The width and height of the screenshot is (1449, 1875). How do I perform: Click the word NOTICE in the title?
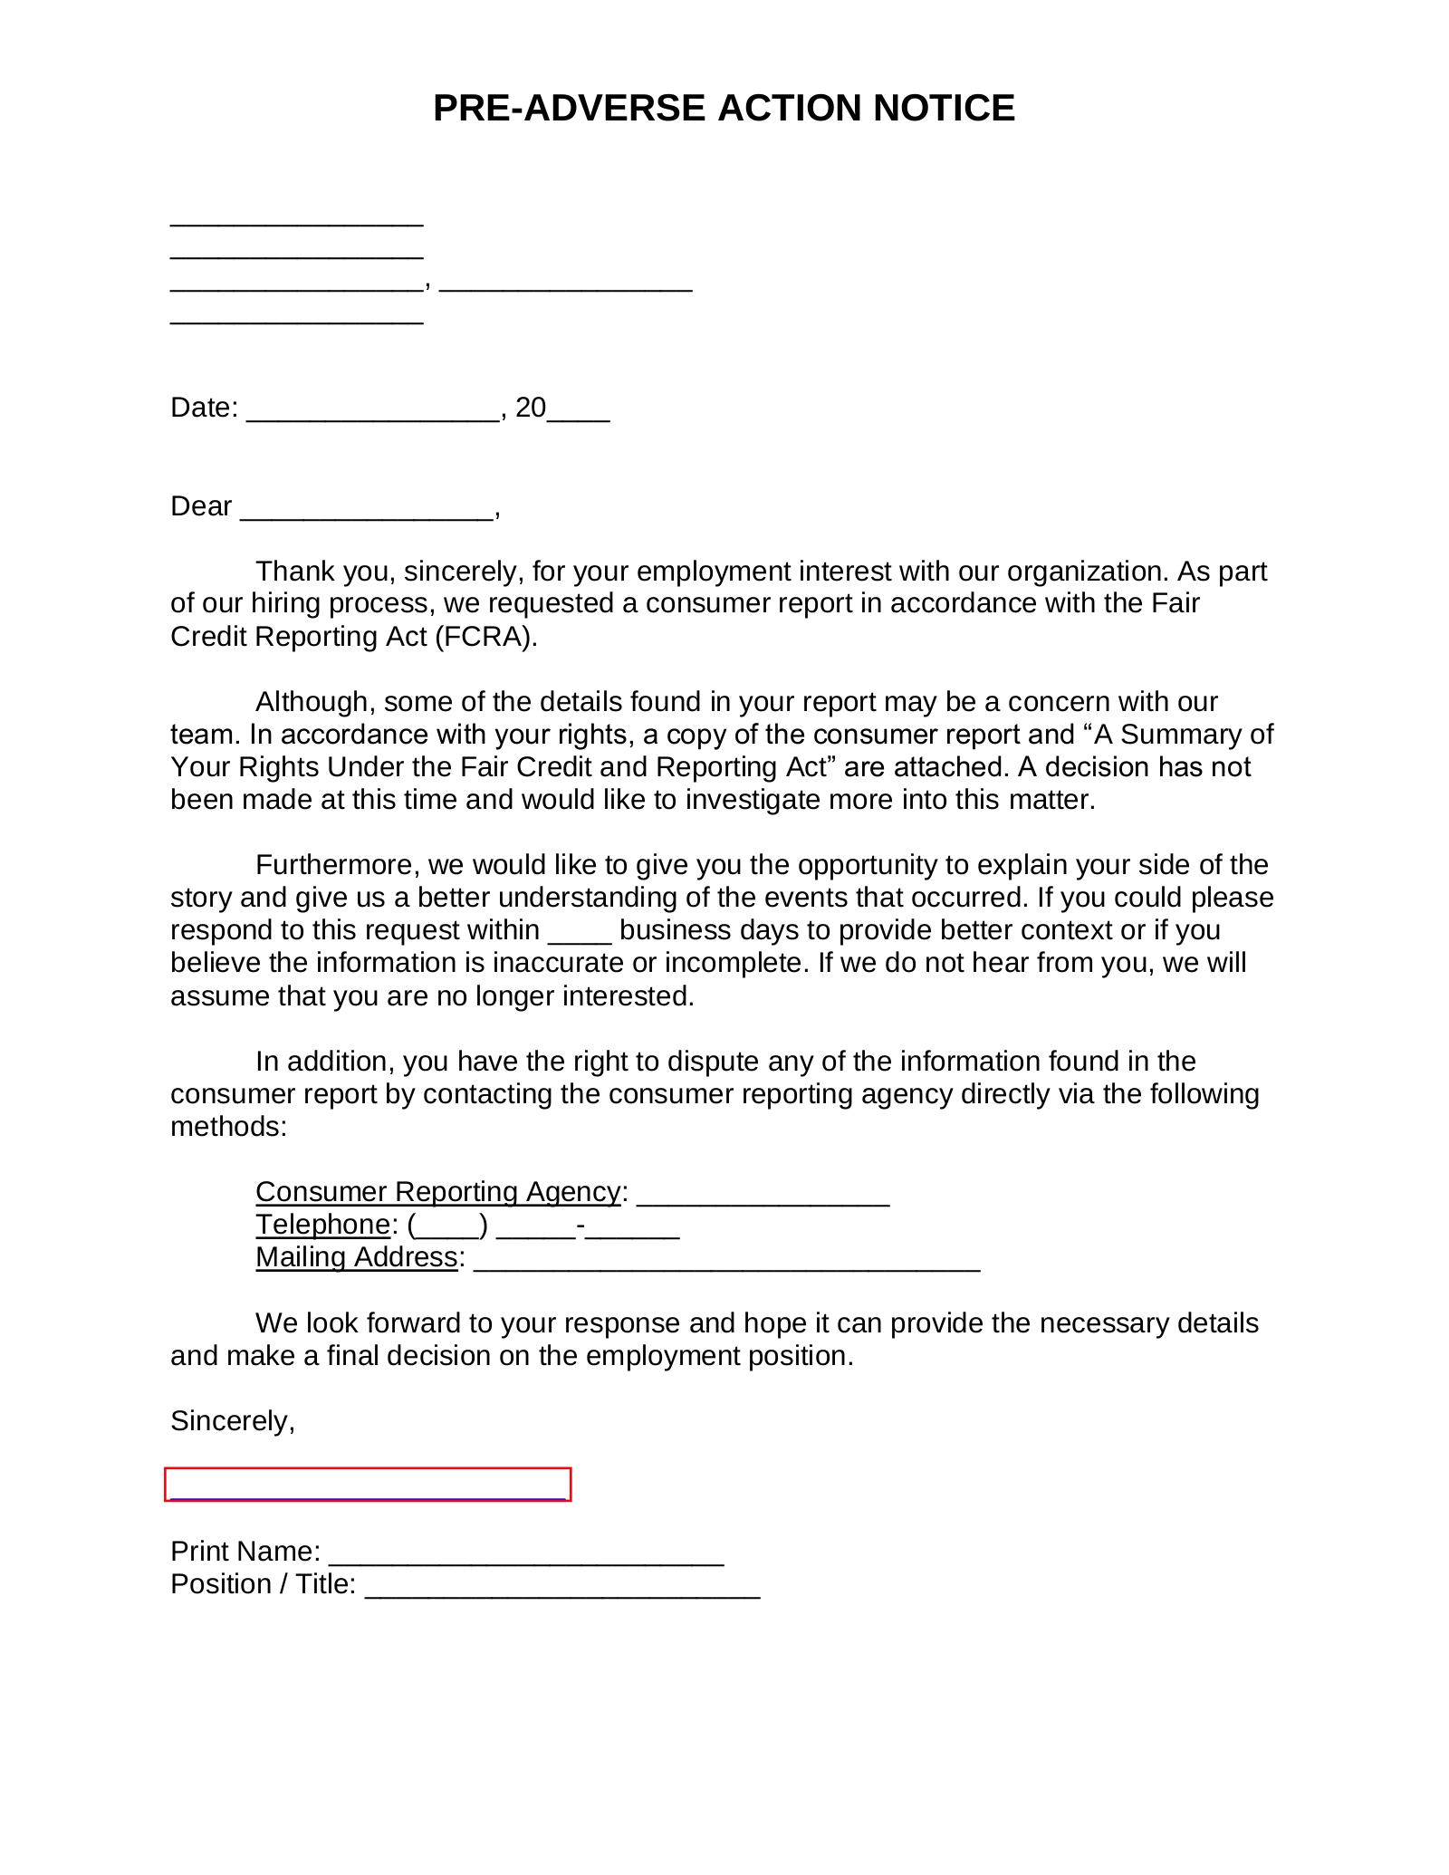pos(944,109)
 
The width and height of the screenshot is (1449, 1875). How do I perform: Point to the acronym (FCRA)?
pos(485,637)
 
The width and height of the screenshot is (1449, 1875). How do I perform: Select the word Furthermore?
pos(336,865)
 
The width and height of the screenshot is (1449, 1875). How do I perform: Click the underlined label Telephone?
pos(322,1225)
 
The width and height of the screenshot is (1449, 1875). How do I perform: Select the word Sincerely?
pos(232,1421)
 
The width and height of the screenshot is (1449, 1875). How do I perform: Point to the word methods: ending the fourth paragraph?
pos(228,1127)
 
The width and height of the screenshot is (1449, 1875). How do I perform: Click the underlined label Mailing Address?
pos(356,1257)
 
